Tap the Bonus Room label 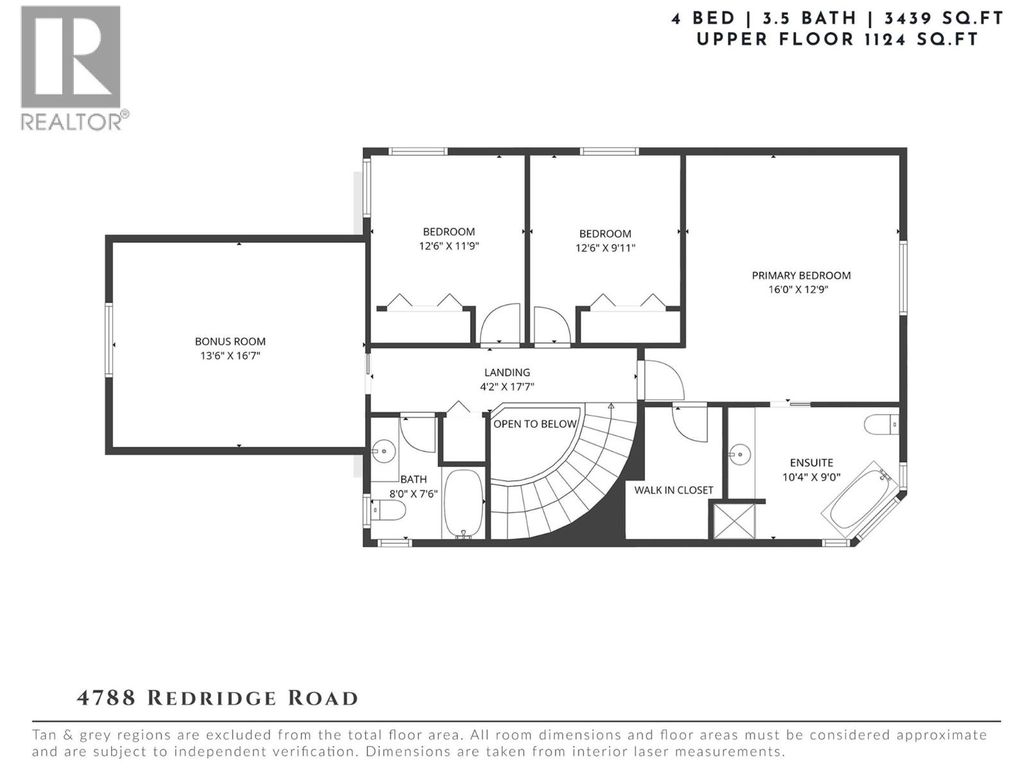pos(230,341)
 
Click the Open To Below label pos(535,424)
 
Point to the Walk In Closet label pos(673,490)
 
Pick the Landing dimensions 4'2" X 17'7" pos(507,387)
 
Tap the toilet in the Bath pos(388,509)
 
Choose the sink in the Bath pos(383,451)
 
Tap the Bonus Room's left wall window pos(108,339)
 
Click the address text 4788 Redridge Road pos(218,699)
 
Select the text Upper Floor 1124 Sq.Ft pos(837,39)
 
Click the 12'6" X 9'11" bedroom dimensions pos(605,248)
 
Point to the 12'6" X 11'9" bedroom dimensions pos(449,246)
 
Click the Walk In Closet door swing pos(689,424)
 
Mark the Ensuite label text pos(811,463)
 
